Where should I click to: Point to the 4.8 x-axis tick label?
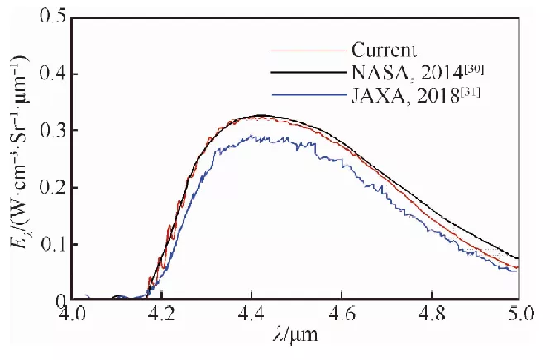(x=430, y=315)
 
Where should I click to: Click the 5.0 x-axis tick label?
(x=518, y=315)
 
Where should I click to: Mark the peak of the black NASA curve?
(x=261, y=115)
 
